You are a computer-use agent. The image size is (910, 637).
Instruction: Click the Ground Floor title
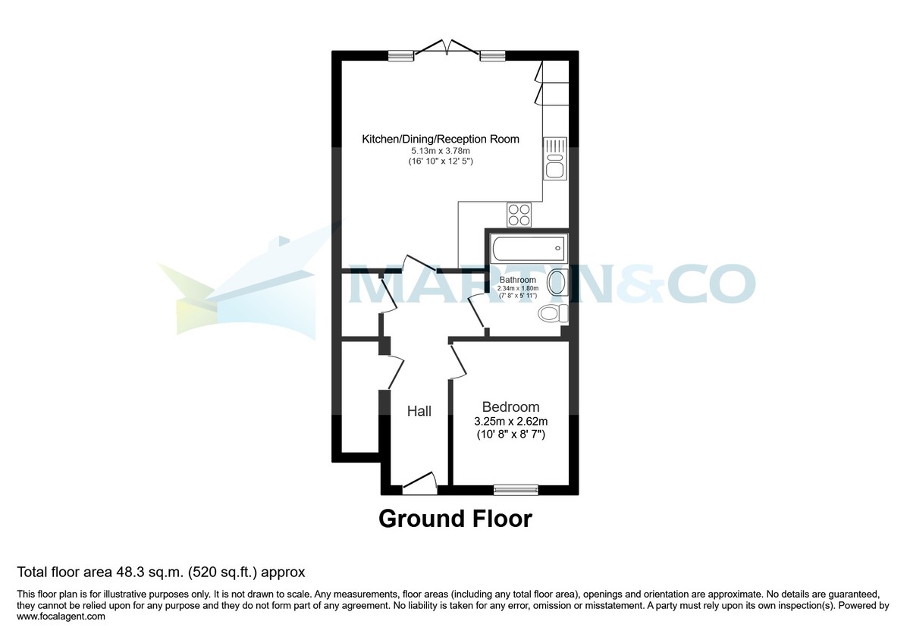click(x=455, y=519)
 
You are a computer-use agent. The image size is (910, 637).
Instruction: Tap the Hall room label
click(x=419, y=411)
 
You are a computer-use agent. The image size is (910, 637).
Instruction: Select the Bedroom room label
click(x=510, y=407)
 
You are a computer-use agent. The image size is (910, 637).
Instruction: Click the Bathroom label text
click(x=517, y=280)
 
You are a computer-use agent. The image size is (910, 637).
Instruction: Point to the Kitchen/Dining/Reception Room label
click(x=441, y=139)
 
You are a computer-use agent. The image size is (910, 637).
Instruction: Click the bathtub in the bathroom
click(x=528, y=247)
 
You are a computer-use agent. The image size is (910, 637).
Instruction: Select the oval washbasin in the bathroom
click(x=557, y=282)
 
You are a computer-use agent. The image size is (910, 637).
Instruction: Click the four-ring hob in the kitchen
click(x=519, y=215)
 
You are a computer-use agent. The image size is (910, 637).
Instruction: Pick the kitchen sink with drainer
click(x=554, y=158)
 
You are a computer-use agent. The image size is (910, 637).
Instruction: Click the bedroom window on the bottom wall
click(x=516, y=489)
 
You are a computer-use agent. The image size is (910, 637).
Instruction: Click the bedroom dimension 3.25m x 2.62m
click(x=510, y=422)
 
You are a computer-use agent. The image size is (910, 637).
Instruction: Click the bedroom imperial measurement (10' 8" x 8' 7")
click(x=510, y=435)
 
